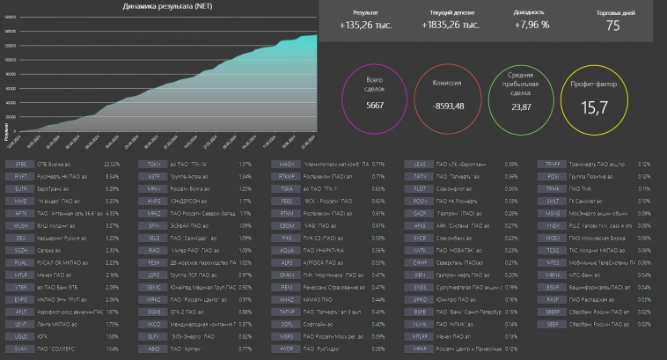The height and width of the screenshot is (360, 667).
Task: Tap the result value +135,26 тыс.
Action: [366, 26]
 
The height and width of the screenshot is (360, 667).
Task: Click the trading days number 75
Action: [612, 26]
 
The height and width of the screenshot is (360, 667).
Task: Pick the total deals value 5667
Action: [376, 105]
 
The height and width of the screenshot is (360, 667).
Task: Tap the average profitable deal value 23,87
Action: [523, 107]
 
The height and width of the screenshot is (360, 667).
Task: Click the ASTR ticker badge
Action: [154, 176]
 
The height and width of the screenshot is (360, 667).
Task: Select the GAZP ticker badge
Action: [420, 213]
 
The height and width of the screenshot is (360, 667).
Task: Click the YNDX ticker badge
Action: [553, 225]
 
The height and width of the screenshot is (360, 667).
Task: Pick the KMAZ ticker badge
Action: [287, 299]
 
